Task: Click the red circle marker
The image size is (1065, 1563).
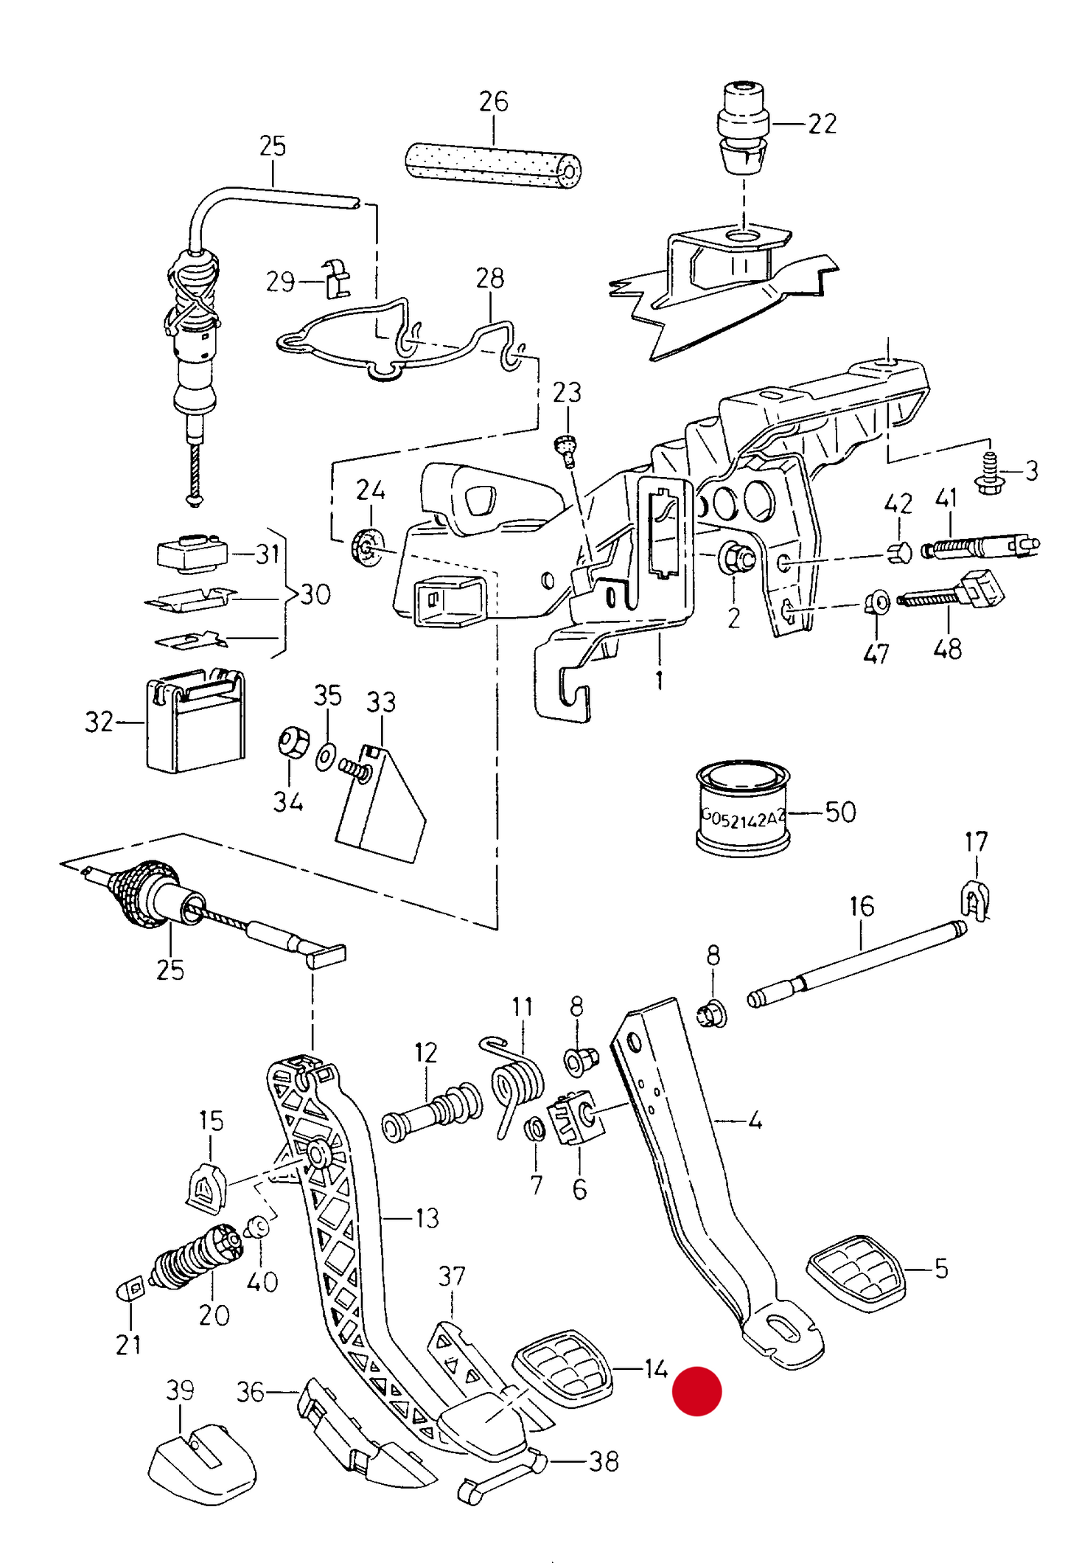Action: click(696, 1391)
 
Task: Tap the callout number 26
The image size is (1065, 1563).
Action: click(493, 101)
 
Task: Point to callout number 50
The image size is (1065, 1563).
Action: click(840, 812)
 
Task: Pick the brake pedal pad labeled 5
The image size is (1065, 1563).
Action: click(856, 1273)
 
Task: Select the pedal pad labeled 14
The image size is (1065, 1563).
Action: click(563, 1365)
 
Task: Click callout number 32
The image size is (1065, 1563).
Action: click(99, 721)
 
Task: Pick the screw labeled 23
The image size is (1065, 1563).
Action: click(567, 450)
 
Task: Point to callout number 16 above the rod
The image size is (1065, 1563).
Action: click(862, 906)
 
